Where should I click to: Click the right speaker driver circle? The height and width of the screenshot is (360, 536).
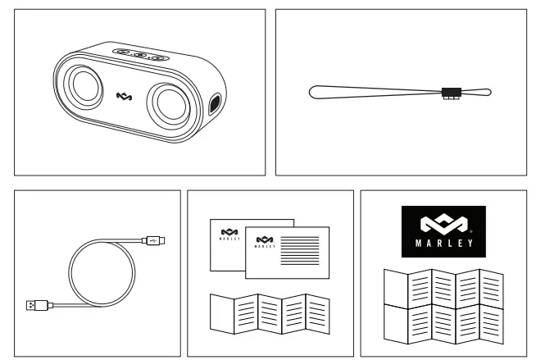173,105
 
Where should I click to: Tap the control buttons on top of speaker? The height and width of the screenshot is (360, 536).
140,55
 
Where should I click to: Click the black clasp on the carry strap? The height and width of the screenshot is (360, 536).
449,92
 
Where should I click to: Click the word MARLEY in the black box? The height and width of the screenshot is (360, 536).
443,243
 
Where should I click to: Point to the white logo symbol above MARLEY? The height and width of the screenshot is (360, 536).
443,222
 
